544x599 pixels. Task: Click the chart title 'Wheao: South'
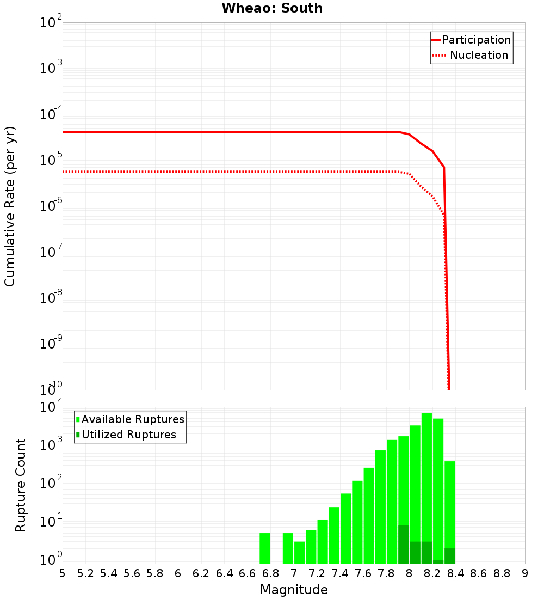point(272,8)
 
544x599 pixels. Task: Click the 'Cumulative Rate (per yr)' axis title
point(10,206)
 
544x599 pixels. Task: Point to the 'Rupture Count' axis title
point(21,485)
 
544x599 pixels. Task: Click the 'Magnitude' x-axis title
point(294,590)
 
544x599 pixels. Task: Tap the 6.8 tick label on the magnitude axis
point(270,573)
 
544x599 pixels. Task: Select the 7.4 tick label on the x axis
point(340,573)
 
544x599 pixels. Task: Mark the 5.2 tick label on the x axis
point(86,573)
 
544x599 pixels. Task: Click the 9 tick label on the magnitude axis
point(525,573)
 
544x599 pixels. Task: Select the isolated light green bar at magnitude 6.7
point(265,548)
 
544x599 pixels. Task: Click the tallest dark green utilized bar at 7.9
point(404,545)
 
